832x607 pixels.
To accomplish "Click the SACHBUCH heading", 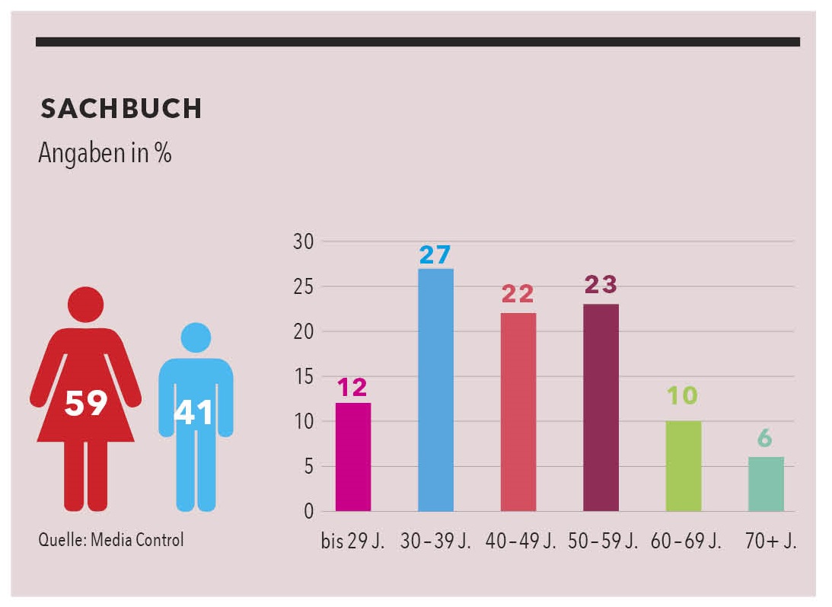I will tap(121, 109).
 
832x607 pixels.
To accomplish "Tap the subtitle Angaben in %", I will tap(105, 153).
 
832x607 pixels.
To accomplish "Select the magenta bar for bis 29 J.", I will tap(352, 457).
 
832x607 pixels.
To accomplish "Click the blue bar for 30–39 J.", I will tap(435, 390).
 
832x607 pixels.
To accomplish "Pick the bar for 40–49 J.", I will tap(518, 412).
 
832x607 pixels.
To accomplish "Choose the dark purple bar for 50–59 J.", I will tap(601, 407).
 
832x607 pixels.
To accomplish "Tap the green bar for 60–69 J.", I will tap(683, 465).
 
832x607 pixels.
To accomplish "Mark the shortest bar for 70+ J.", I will tap(766, 484).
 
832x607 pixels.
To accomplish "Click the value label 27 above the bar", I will tap(435, 254).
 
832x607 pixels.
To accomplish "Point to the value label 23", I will tap(601, 286).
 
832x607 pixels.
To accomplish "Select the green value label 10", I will tap(683, 396).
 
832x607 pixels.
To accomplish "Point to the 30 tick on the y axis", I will tap(303, 242).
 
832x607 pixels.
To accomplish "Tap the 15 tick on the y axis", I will tap(303, 377).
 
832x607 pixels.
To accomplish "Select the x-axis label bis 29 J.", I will tap(352, 542).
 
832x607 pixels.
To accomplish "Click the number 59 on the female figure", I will tap(84, 403).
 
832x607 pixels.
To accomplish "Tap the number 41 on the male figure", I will tap(196, 412).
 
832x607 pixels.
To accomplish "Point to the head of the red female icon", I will tap(85, 305).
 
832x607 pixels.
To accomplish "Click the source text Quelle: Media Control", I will tap(111, 541).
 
